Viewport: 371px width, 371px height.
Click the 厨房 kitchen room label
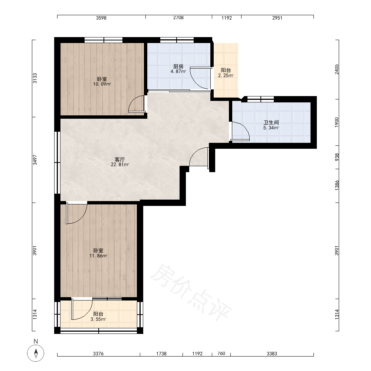pos(178,66)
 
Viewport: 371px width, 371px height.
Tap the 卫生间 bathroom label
pos(271,122)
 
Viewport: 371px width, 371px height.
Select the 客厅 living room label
pos(120,160)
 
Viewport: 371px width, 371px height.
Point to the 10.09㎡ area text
pos(102,84)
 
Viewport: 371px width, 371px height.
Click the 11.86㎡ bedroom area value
pos(98,256)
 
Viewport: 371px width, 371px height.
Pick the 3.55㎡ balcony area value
pos(98,319)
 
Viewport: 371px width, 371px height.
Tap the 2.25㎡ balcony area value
pos(226,75)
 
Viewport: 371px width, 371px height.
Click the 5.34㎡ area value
pos(271,128)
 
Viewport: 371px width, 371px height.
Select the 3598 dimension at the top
pos(101,18)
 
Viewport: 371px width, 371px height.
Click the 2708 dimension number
pos(178,18)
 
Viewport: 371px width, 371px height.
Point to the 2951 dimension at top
pos(277,18)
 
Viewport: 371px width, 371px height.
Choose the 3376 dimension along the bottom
pos(98,354)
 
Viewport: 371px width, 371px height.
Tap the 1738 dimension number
pos(161,354)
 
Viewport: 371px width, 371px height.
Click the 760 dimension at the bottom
pos(221,354)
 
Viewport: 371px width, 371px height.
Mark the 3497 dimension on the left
pos(35,160)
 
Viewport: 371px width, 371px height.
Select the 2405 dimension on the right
pos(337,69)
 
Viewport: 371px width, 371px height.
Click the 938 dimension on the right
pos(337,157)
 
